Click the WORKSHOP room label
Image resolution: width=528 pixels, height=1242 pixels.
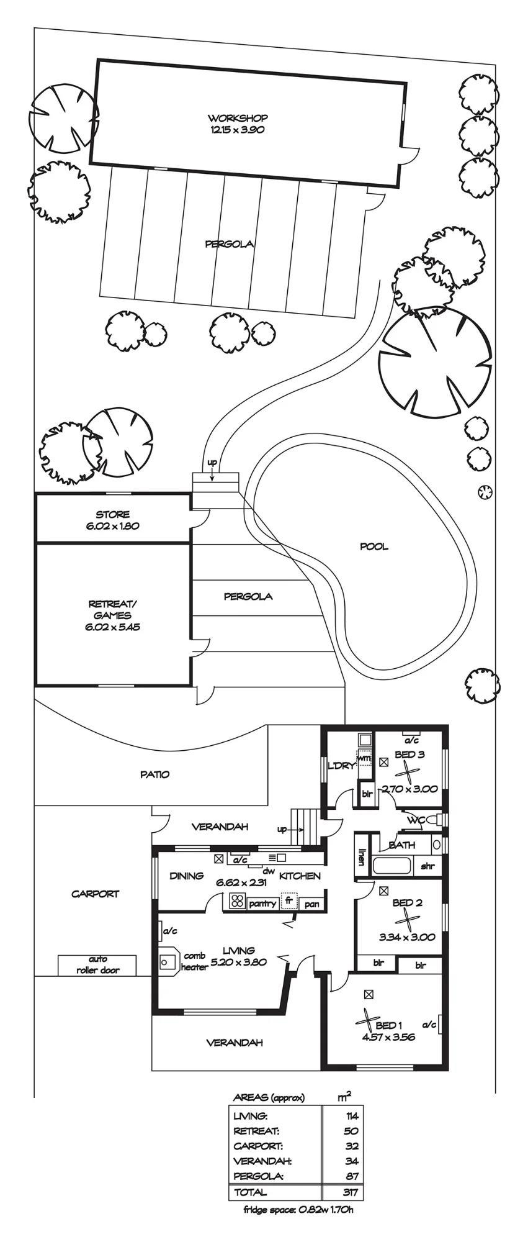238,117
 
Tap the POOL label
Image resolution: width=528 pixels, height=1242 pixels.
374,546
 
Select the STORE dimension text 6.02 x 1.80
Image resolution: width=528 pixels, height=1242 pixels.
112,525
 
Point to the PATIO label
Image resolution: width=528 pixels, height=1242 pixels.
154,774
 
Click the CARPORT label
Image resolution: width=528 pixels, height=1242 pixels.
95,894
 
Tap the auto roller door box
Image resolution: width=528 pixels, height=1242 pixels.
97,965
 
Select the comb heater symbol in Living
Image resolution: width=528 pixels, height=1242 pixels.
168,962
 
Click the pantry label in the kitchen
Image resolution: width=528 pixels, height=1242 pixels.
262,904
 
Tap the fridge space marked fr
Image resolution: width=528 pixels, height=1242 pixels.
289,901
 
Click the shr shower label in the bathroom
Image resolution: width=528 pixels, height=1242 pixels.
427,866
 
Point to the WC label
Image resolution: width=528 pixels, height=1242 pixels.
416,820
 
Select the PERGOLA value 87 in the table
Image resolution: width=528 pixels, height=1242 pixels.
353,1176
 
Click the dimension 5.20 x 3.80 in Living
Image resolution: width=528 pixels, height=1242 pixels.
239,962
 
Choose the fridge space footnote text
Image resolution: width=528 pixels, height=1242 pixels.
299,1209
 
